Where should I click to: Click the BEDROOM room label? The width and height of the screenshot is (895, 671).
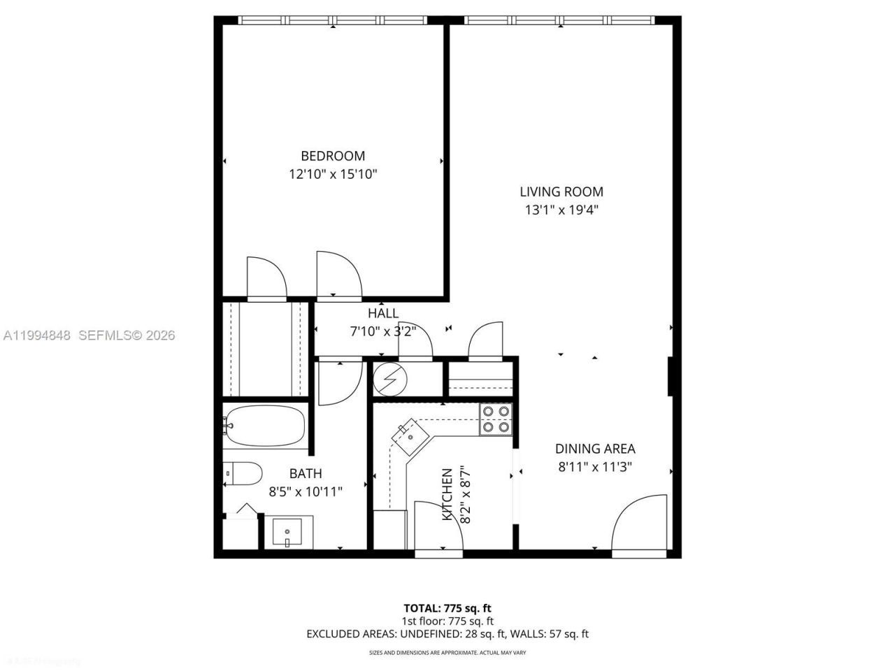[333, 156]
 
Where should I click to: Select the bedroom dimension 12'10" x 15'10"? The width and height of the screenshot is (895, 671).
[333, 174]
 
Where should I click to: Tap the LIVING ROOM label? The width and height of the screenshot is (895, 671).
[561, 192]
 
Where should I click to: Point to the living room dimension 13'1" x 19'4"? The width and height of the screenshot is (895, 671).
[561, 210]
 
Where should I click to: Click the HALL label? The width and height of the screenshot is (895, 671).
[383, 314]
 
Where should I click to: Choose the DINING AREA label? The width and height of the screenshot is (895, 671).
[595, 449]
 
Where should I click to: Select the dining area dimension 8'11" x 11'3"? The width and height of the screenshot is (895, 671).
[595, 467]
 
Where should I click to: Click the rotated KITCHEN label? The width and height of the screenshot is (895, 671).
[447, 495]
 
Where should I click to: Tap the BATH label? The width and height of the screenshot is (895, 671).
[306, 474]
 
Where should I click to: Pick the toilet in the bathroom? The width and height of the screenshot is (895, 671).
[243, 473]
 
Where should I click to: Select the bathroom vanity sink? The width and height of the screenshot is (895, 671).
[287, 533]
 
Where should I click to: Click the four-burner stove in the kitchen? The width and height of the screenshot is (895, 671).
[496, 419]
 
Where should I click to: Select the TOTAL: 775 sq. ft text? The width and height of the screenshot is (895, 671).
[447, 608]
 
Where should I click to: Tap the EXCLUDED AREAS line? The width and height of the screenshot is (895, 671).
[447, 634]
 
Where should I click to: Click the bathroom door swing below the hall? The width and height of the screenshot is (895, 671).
[338, 383]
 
